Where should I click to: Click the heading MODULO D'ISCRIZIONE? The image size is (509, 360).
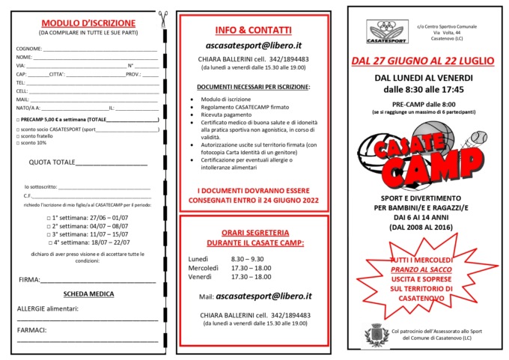tap(88, 23)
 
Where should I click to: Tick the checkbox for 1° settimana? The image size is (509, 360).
tap(49, 214)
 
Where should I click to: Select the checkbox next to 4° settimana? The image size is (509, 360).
tap(49, 242)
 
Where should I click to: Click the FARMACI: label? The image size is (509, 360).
tap(32, 329)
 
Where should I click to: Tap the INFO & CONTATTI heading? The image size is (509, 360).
tap(253, 31)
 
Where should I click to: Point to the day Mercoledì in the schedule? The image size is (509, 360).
tap(203, 267)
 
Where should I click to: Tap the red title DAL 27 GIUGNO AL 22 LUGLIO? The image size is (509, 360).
tap(424, 60)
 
